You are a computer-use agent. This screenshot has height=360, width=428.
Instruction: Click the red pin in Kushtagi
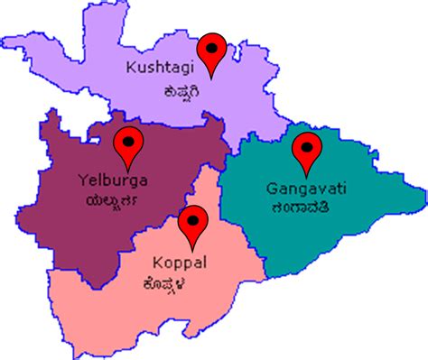[x=214, y=51]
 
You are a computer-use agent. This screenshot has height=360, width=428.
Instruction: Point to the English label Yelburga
[x=114, y=180]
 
